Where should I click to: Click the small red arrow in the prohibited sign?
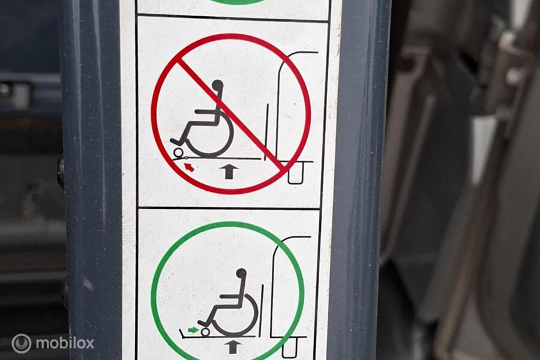pos(189,167)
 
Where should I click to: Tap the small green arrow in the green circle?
pos(193,330)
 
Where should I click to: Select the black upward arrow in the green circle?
pos(233,347)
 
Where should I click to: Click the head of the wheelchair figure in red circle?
pos(218,85)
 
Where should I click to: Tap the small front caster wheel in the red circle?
pos(178,152)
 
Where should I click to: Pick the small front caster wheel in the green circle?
pos(206,332)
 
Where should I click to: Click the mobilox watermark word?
pos(65,343)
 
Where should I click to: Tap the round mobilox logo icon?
pos(22,343)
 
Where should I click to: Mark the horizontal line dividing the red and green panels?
pos(229,209)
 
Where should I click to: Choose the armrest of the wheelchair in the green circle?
pos(231,296)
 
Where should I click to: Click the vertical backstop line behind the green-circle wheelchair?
pos(262,310)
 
